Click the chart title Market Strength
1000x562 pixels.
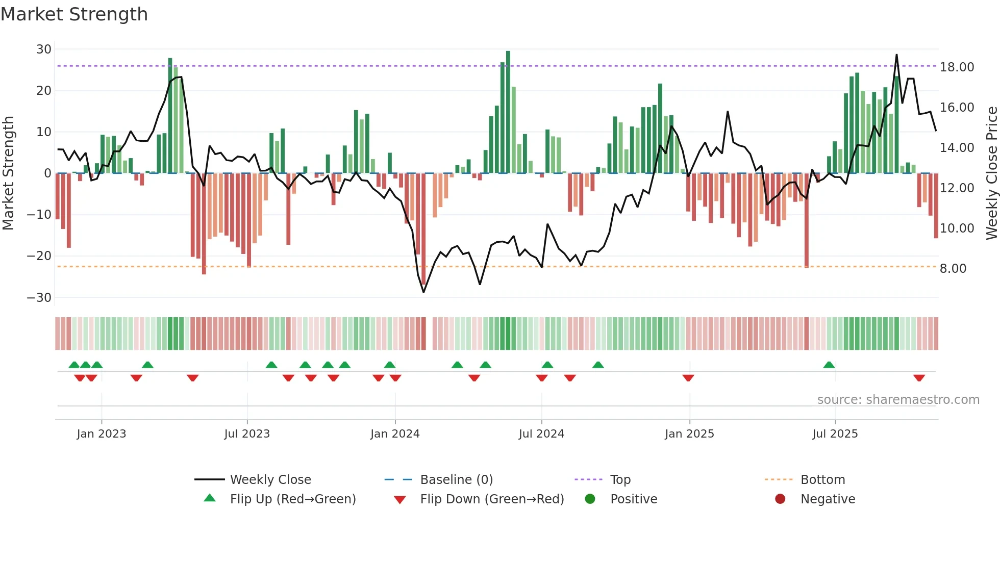(x=74, y=14)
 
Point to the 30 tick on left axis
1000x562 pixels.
(x=44, y=49)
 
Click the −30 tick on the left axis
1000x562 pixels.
(x=39, y=297)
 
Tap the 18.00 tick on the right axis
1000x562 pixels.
(x=957, y=67)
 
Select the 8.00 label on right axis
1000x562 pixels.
(x=953, y=269)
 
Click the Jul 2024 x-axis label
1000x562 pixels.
(x=541, y=434)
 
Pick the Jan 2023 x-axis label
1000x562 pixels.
(x=102, y=434)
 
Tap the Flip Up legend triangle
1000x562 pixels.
(x=210, y=498)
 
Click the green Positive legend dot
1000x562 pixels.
(x=590, y=499)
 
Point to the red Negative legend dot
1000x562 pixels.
(x=780, y=499)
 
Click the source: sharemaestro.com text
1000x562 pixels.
(x=898, y=400)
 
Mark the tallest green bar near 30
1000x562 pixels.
(x=508, y=112)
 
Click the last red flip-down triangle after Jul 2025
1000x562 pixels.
(x=919, y=378)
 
